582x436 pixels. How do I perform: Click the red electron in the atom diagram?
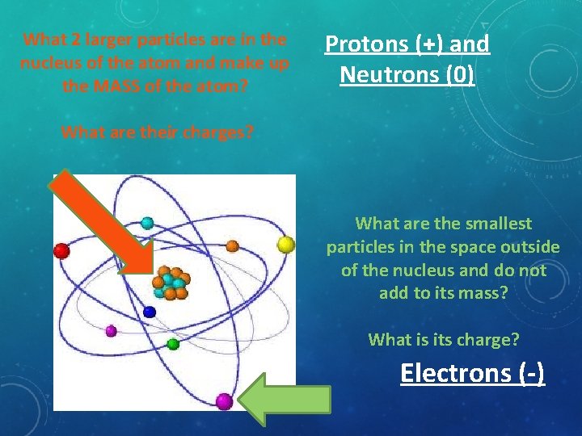pyautogui.click(x=61, y=251)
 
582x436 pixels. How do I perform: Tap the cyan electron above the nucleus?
pyautogui.click(x=147, y=223)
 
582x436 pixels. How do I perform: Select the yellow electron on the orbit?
pyautogui.click(x=285, y=244)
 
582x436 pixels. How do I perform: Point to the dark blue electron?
pyautogui.click(x=149, y=312)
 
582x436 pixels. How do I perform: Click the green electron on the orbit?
pyautogui.click(x=173, y=344)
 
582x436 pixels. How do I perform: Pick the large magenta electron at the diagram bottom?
pyautogui.click(x=224, y=401)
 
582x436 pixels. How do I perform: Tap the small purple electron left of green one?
pyautogui.click(x=112, y=330)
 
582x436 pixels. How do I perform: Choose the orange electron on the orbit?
pyautogui.click(x=232, y=245)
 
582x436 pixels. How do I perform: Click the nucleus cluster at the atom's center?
pyautogui.click(x=171, y=283)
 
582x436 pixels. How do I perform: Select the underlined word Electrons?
pyautogui.click(x=452, y=374)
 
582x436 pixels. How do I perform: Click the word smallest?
pyautogui.click(x=496, y=224)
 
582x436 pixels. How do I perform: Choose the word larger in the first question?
pyautogui.click(x=93, y=39)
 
